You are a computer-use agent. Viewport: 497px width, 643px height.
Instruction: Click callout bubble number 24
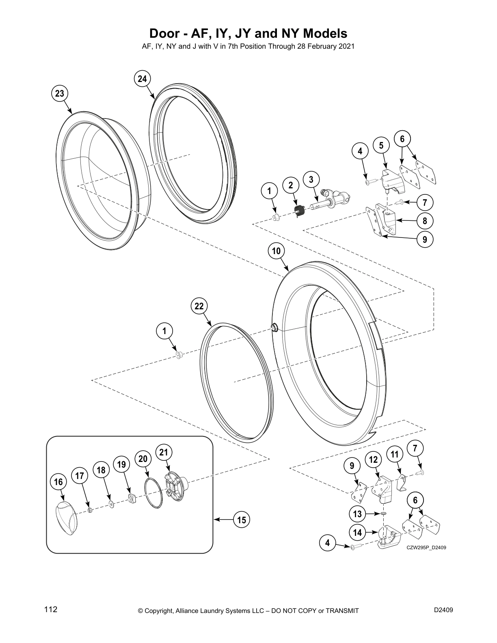click(x=142, y=79)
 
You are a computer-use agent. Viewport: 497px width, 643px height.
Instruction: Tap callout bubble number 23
click(x=60, y=94)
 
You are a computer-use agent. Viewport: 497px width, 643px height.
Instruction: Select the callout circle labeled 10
click(x=276, y=251)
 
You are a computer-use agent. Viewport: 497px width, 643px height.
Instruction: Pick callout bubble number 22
click(x=199, y=306)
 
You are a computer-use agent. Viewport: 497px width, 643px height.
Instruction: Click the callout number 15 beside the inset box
click(x=242, y=520)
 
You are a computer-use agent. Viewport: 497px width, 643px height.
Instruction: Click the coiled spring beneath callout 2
click(x=300, y=211)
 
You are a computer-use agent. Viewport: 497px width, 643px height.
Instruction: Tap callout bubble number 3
click(x=311, y=179)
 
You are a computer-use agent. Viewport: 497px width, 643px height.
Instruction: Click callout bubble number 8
click(x=425, y=221)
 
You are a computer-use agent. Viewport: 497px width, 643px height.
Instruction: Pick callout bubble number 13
click(x=357, y=514)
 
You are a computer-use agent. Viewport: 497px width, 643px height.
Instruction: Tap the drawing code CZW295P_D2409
click(x=426, y=548)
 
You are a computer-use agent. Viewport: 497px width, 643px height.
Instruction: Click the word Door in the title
click(x=162, y=33)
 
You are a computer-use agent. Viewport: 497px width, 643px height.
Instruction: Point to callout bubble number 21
click(x=164, y=453)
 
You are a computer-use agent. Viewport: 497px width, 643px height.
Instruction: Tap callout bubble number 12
click(x=374, y=460)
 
